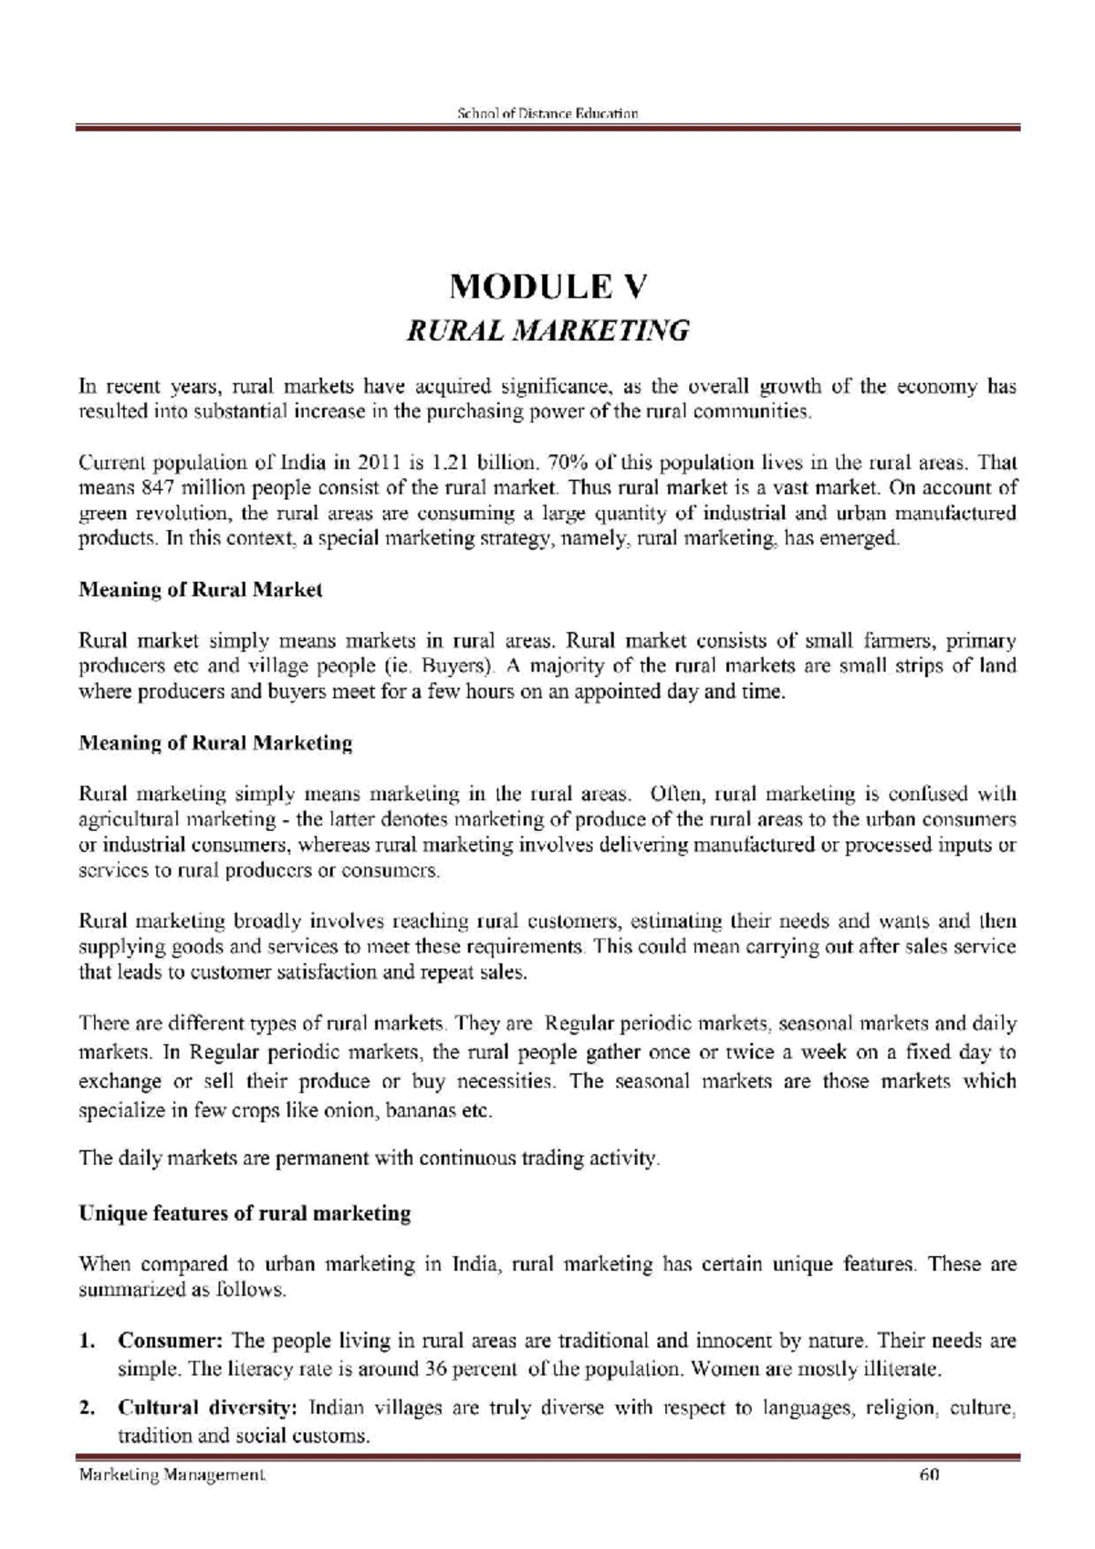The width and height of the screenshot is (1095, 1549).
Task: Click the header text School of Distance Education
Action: [547, 114]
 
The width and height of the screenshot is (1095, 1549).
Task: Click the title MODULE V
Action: [547, 287]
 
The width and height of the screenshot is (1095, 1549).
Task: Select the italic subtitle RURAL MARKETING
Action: [547, 330]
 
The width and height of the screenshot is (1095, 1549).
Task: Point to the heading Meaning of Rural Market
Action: [201, 590]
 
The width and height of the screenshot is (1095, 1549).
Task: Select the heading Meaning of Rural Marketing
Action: [215, 743]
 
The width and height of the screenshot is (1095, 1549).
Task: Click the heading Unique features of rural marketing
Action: [245, 1214]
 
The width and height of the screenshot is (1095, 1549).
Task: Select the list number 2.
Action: [88, 1408]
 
